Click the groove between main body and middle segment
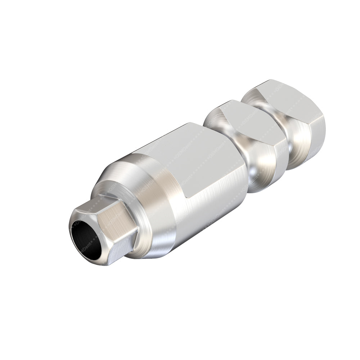(252, 169)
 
